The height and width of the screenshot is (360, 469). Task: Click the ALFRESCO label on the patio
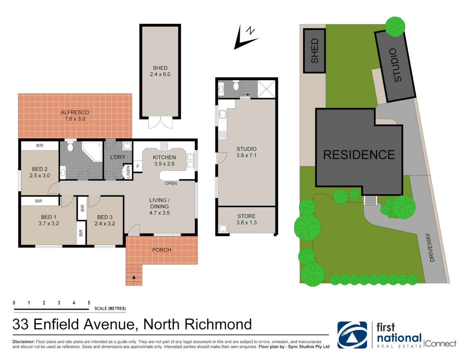75,113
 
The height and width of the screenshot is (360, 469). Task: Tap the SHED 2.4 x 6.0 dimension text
160,74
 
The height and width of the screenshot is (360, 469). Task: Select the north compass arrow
246,37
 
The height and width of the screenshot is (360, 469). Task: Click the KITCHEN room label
164,157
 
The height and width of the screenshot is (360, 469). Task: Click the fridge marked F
138,166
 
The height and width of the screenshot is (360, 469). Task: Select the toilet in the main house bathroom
70,147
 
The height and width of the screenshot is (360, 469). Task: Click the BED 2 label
40,169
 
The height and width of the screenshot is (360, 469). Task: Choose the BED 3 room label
105,217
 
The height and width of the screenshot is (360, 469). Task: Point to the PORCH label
161,250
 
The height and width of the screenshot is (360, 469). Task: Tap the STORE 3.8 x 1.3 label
247,219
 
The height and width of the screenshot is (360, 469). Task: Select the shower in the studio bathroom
266,89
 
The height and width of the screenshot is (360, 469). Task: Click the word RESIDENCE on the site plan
359,155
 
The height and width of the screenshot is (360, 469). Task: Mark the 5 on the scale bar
89,303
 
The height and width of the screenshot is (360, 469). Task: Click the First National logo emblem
352,335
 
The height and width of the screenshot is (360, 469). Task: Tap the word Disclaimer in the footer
23,342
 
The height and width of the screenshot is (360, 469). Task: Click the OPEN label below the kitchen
171,183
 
